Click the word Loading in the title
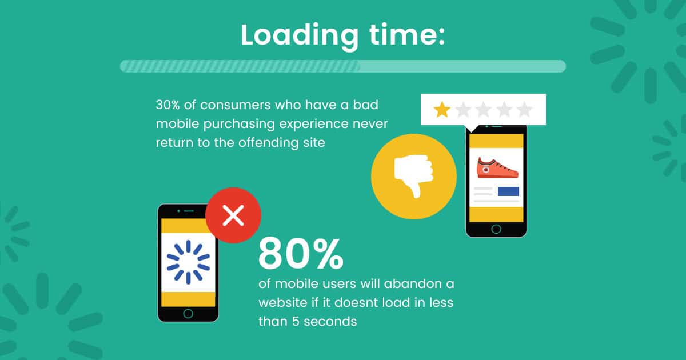click(x=300, y=37)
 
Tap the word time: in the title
click(x=406, y=35)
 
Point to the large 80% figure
click(x=301, y=254)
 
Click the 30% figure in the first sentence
click(x=167, y=105)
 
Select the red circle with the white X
click(x=233, y=215)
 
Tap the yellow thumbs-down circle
click(x=414, y=177)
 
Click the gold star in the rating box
click(x=442, y=110)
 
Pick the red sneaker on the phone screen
click(x=497, y=168)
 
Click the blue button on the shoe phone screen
click(x=508, y=191)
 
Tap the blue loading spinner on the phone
click(x=188, y=262)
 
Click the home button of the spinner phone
click(x=188, y=314)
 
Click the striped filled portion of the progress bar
click(x=240, y=66)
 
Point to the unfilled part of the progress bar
click(x=463, y=66)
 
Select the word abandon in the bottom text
click(x=410, y=284)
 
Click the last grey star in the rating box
click(x=524, y=110)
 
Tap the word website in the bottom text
click(x=282, y=303)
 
